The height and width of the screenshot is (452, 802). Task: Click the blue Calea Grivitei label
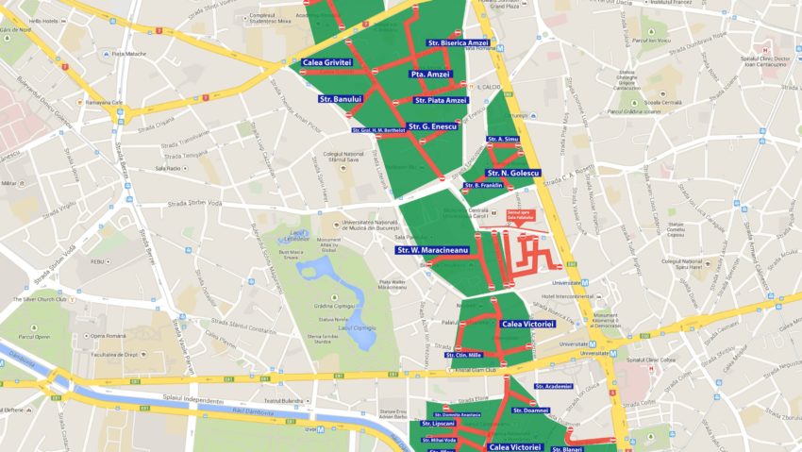(327, 63)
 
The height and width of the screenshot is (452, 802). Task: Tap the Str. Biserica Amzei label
(459, 43)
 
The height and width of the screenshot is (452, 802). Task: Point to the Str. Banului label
(341, 99)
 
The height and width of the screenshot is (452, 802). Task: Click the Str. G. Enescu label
(433, 126)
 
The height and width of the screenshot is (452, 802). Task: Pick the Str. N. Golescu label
(512, 174)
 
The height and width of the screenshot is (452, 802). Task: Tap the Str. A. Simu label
(503, 139)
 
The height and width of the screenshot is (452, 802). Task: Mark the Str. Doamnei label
(530, 410)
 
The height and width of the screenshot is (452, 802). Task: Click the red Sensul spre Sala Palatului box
(520, 215)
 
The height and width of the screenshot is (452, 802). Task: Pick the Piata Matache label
(129, 54)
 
